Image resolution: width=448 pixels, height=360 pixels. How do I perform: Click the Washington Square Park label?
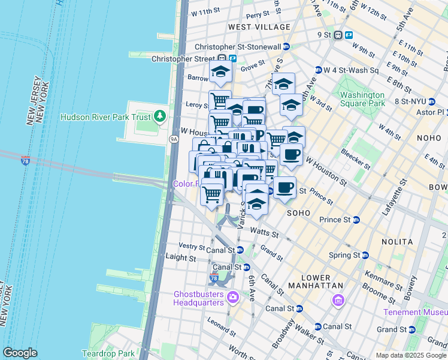pos(362,99)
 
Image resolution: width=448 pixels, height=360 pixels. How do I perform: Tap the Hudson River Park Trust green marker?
pos(160,115)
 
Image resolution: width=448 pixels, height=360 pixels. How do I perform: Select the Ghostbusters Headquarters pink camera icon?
pos(232,297)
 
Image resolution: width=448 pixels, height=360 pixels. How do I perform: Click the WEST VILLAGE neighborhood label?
pos(259,27)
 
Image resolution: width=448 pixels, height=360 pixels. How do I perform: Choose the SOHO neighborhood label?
pos(298,213)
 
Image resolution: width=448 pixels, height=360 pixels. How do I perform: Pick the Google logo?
pos(20,353)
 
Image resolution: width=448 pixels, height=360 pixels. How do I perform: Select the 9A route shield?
pos(174,139)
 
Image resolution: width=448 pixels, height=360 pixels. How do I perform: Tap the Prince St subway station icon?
pos(356,220)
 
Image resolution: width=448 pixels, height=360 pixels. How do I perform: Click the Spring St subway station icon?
pos(365,255)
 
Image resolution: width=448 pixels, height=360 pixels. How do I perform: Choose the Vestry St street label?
pos(192,246)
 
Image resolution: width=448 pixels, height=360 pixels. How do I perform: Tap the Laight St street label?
pos(180,257)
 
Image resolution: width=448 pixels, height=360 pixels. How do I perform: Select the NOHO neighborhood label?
pos(429,138)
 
